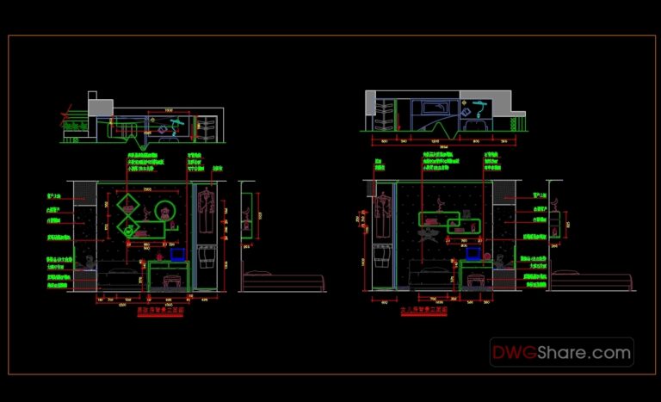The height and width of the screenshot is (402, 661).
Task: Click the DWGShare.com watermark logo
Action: pyautogui.click(x=561, y=352)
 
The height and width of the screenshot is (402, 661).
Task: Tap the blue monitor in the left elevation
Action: pyautogui.click(x=178, y=254)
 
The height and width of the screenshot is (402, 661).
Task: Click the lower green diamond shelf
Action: pyautogui.click(x=129, y=227)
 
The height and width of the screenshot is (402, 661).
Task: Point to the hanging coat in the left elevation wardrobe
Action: pyautogui.click(x=204, y=205)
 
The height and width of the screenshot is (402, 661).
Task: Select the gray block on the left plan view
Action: pyautogui.click(x=100, y=107)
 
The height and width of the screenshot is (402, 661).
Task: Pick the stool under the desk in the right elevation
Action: pyautogui.click(x=476, y=281)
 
